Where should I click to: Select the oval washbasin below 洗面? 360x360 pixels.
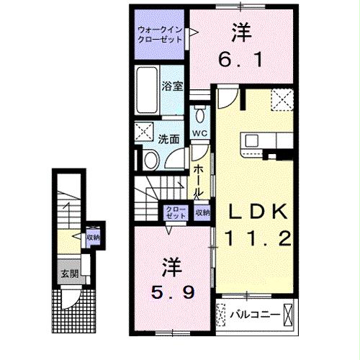(152, 159)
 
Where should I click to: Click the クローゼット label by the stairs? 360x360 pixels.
(176, 212)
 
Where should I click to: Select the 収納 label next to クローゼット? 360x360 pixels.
(202, 212)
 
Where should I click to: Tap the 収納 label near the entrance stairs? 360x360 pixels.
(92, 237)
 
